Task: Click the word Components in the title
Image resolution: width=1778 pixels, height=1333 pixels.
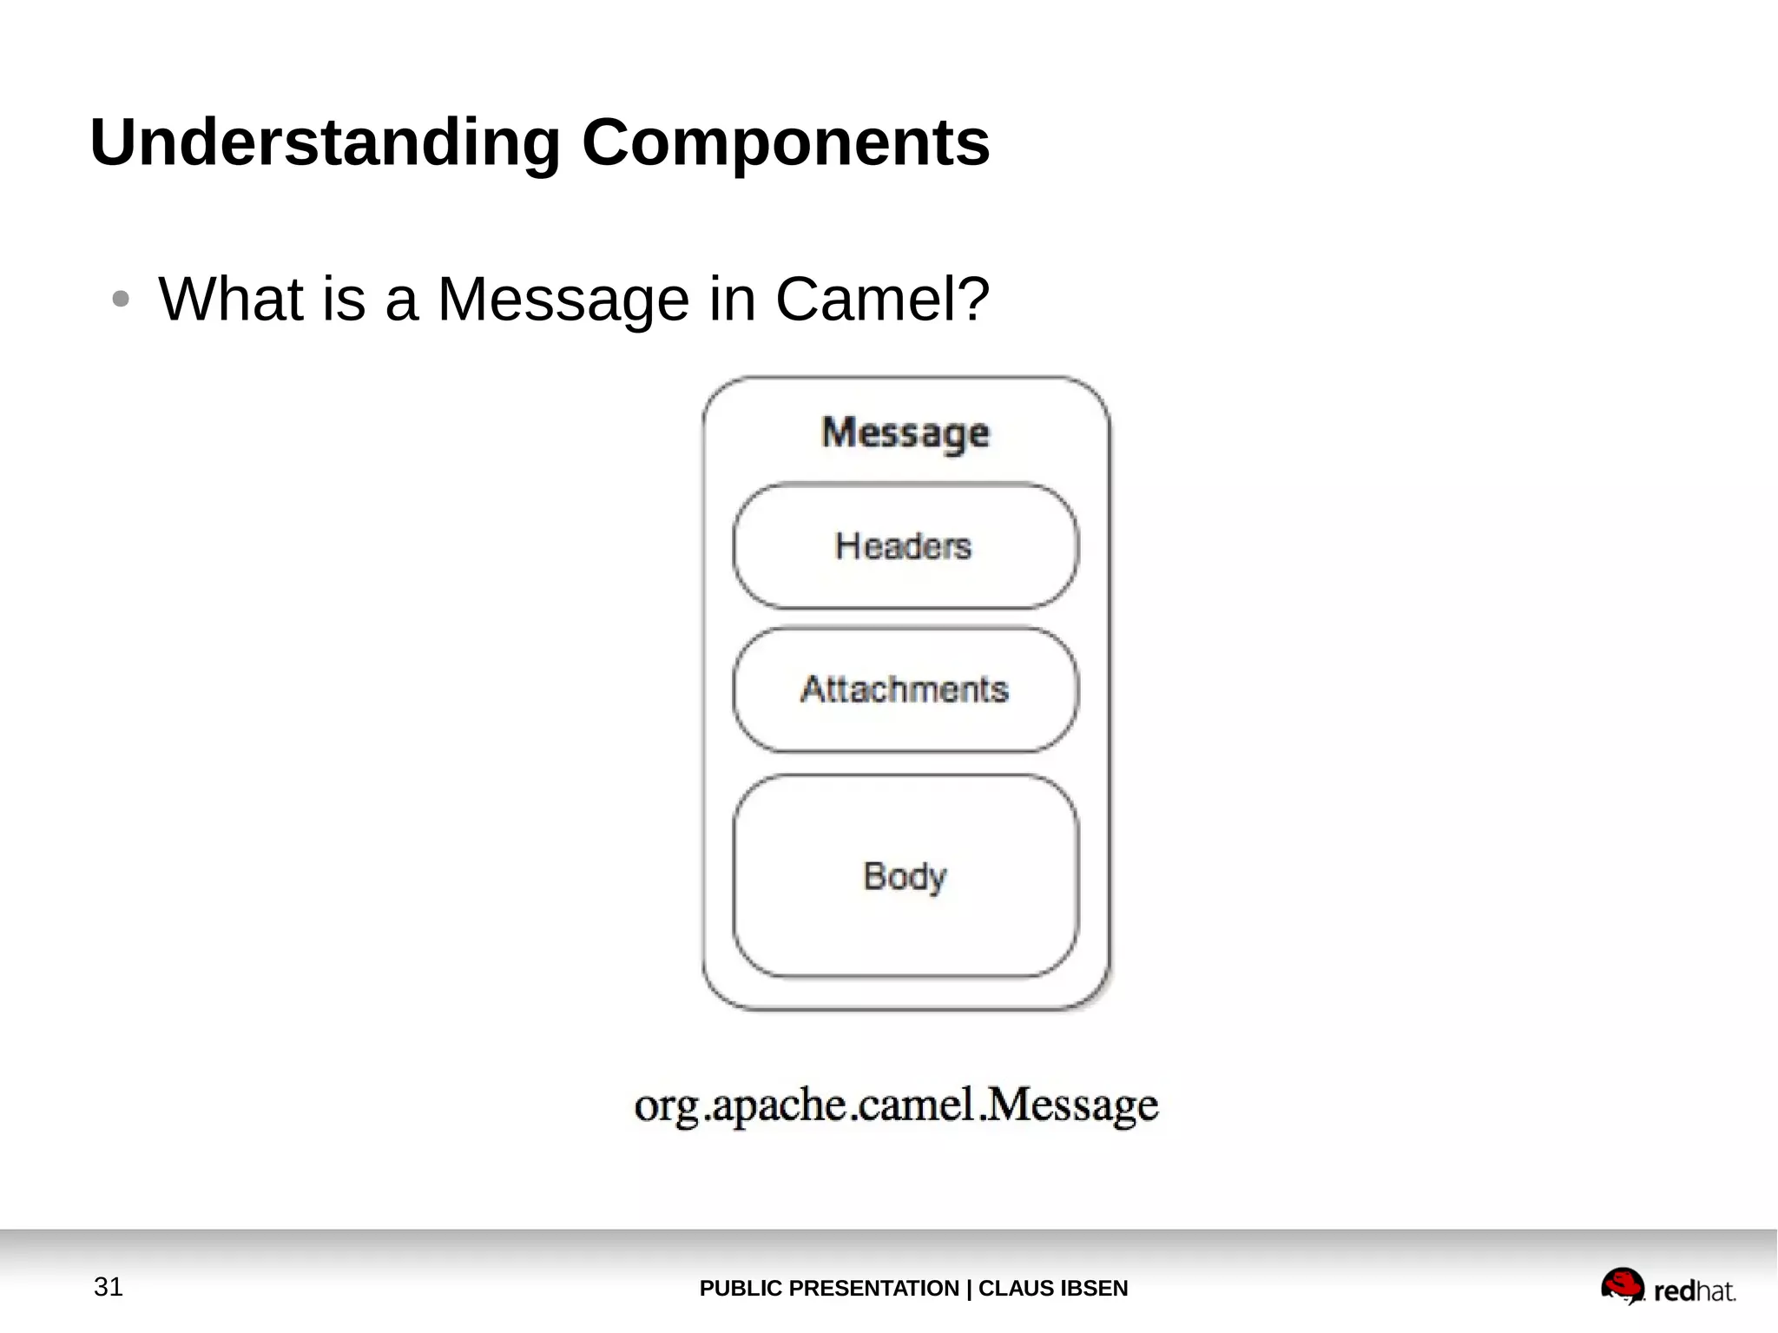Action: (785, 143)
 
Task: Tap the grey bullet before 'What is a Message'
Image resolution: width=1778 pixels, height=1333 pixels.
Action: (121, 300)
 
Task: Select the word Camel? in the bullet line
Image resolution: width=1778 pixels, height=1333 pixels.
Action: (881, 300)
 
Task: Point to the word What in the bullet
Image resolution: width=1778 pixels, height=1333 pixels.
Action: (231, 300)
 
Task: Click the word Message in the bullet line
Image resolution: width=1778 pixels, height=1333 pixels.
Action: (563, 300)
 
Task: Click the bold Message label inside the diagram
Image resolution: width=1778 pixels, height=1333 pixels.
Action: (905, 432)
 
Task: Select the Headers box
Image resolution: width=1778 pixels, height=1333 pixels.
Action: (905, 546)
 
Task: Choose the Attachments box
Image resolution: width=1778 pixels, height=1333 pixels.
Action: (905, 690)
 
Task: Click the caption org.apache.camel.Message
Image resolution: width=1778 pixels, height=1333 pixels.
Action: (896, 1105)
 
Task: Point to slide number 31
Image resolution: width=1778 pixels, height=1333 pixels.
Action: (109, 1286)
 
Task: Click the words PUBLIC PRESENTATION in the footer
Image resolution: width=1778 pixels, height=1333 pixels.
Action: (828, 1288)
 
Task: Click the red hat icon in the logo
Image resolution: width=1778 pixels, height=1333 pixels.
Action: (1622, 1284)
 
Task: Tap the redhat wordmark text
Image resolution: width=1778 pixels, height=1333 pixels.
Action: (1694, 1291)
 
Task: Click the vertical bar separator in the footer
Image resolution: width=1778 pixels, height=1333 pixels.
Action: (969, 1288)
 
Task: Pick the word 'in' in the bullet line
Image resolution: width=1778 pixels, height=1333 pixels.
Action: (732, 300)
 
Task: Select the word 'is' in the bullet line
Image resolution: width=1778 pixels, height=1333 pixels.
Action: (344, 300)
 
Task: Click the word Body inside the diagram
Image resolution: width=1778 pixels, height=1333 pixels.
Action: (905, 876)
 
